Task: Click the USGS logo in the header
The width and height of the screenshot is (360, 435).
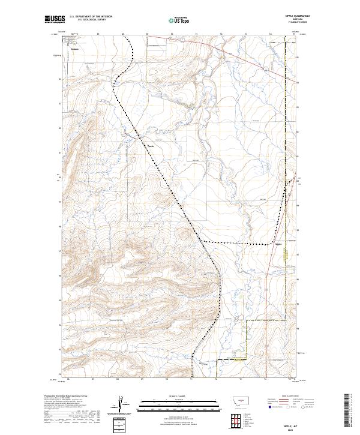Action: click(55, 19)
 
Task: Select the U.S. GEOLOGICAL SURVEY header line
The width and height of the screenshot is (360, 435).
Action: click(91, 19)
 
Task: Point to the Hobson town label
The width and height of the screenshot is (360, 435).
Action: click(74, 49)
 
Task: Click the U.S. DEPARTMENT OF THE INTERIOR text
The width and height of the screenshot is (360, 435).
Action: click(91, 16)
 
